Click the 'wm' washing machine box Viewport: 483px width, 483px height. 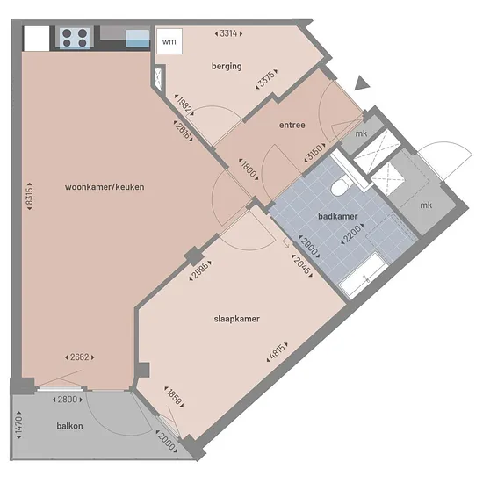(169, 41)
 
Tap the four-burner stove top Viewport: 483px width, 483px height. (75, 38)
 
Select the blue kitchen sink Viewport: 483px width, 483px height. (138, 39)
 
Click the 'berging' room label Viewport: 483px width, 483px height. (227, 66)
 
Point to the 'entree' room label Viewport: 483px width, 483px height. (292, 125)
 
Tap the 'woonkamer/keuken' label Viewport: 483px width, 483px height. (105, 187)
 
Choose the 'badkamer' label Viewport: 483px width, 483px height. (337, 216)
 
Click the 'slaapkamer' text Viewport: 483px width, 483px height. (236, 319)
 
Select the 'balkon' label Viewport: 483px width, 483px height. (69, 426)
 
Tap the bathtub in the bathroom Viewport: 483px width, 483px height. (362, 275)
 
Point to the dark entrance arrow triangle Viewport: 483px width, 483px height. (362, 83)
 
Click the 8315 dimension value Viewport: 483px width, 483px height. (29, 197)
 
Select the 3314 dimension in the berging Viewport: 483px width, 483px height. (228, 33)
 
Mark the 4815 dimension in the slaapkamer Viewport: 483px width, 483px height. (278, 352)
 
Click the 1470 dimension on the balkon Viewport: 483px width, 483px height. (18, 425)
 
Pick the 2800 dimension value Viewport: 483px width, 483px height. (68, 400)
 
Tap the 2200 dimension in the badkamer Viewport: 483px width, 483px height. (352, 234)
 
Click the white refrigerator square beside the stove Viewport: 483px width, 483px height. (37, 39)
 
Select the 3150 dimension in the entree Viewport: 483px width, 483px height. (314, 152)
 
